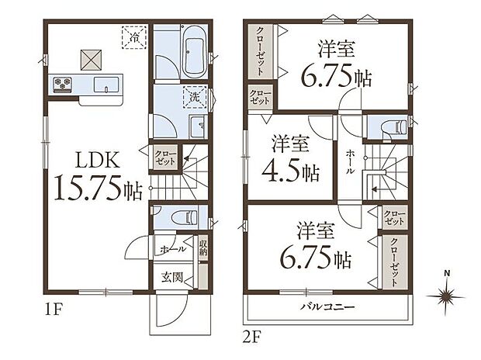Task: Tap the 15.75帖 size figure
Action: click(98, 190)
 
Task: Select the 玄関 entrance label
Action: click(171, 275)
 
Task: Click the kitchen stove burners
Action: click(63, 83)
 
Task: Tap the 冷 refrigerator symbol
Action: click(134, 36)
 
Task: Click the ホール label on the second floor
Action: click(351, 165)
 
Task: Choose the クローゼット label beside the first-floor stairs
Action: click(163, 158)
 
